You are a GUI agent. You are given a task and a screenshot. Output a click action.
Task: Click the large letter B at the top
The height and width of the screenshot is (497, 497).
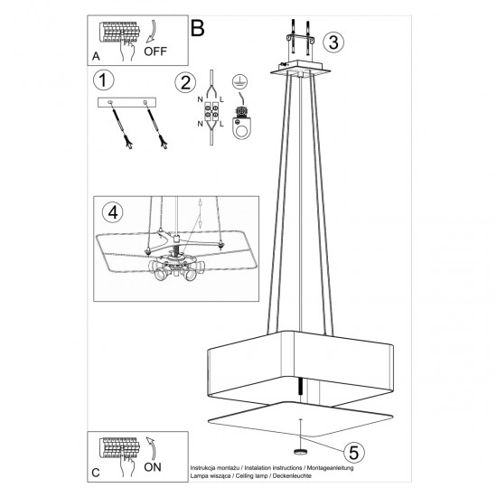point(198,27)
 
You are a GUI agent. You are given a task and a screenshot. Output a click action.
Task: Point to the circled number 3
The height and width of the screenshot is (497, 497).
point(333,42)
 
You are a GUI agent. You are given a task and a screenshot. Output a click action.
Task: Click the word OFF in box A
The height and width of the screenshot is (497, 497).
point(155,52)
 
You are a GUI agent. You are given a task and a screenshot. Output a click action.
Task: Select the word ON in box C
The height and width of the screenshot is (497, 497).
point(155,467)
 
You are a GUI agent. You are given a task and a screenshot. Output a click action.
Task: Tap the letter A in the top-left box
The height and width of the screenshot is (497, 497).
point(96,55)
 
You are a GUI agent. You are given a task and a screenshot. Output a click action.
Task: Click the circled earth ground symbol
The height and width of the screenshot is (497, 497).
point(240,81)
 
